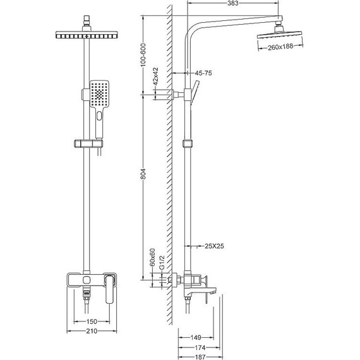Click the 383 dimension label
click(233, 3)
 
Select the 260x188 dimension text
click(280, 47)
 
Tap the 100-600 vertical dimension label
click(143, 55)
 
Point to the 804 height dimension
click(143, 174)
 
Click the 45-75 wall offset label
click(203, 73)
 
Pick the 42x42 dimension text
click(155, 76)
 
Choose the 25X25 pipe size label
click(214, 246)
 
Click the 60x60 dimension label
click(152, 257)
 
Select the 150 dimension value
click(92, 321)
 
